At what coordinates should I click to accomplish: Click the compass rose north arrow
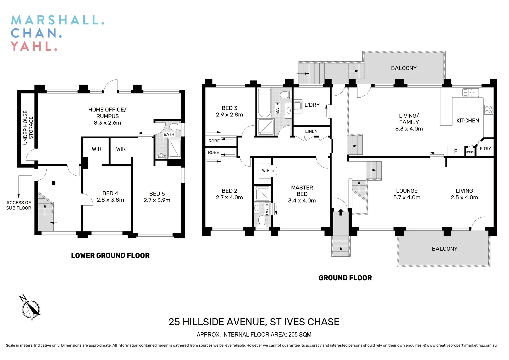pos(31,308)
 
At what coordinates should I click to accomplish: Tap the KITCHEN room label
pos(467,121)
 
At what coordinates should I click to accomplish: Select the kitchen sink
pos(470,92)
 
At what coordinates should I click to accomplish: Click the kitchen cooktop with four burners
pos(488,110)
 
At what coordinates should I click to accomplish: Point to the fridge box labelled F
pos(455,151)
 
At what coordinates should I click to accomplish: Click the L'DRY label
pos(312,105)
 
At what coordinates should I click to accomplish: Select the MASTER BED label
pos(302,191)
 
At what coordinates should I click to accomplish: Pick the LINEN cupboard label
pos(311,131)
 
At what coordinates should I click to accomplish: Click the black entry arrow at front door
pos(341,212)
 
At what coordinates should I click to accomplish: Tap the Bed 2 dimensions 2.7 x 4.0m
pos(229,197)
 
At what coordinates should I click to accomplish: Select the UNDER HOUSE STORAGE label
pos(28,128)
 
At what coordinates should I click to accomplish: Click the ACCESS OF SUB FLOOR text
pos(19,205)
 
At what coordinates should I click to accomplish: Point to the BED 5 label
pos(157,194)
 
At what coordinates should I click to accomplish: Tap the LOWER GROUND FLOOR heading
pos(110,256)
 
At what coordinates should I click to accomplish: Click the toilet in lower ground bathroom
pos(174,127)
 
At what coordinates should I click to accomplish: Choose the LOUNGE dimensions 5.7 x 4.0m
pos(407,197)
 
